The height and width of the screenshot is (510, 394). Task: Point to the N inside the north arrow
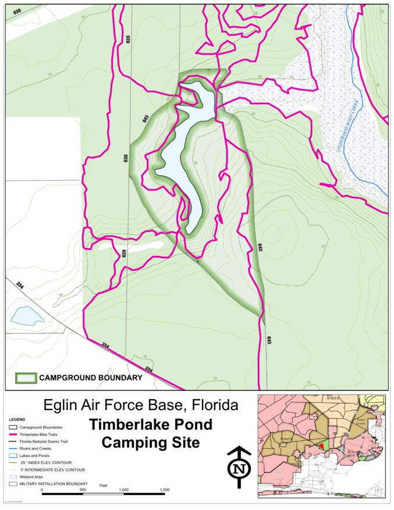tap(238, 469)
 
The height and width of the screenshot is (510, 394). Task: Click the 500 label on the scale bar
tap(83, 490)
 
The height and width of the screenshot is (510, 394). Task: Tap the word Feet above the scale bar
tap(104, 484)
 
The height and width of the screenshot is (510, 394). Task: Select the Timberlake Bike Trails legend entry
tap(41, 434)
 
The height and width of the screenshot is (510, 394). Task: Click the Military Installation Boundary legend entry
tap(53, 483)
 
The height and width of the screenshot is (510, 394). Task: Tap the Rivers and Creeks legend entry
tap(35, 448)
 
